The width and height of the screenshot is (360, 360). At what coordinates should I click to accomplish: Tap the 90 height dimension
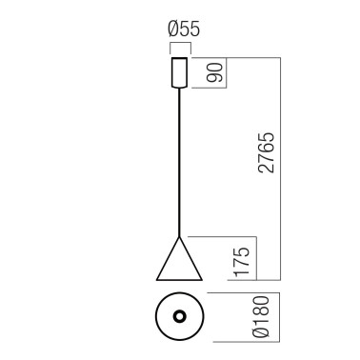[214, 74]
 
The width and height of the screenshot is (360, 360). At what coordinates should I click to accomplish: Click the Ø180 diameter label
[263, 317]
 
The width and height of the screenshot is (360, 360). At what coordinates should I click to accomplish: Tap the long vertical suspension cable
[178, 162]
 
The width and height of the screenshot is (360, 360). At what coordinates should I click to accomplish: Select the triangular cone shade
[178, 264]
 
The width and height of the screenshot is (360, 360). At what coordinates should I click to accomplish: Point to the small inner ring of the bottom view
[178, 316]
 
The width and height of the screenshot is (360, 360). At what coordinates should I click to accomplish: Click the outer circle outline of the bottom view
[152, 316]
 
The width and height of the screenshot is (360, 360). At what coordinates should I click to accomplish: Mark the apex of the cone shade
[178, 237]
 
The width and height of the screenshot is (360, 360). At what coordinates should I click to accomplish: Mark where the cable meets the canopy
[178, 90]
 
